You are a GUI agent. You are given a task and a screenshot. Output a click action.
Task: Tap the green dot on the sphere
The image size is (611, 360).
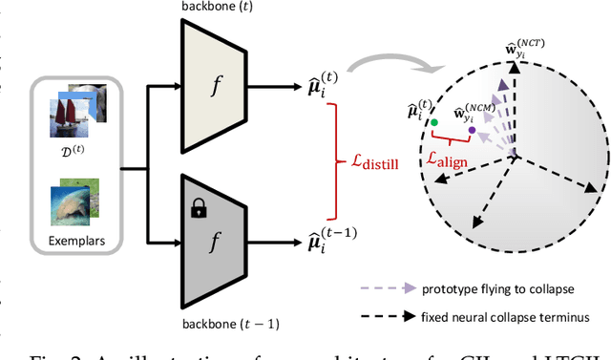pyautogui.click(x=434, y=122)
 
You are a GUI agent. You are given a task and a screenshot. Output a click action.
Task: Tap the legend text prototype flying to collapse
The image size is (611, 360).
pyautogui.click(x=497, y=287)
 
